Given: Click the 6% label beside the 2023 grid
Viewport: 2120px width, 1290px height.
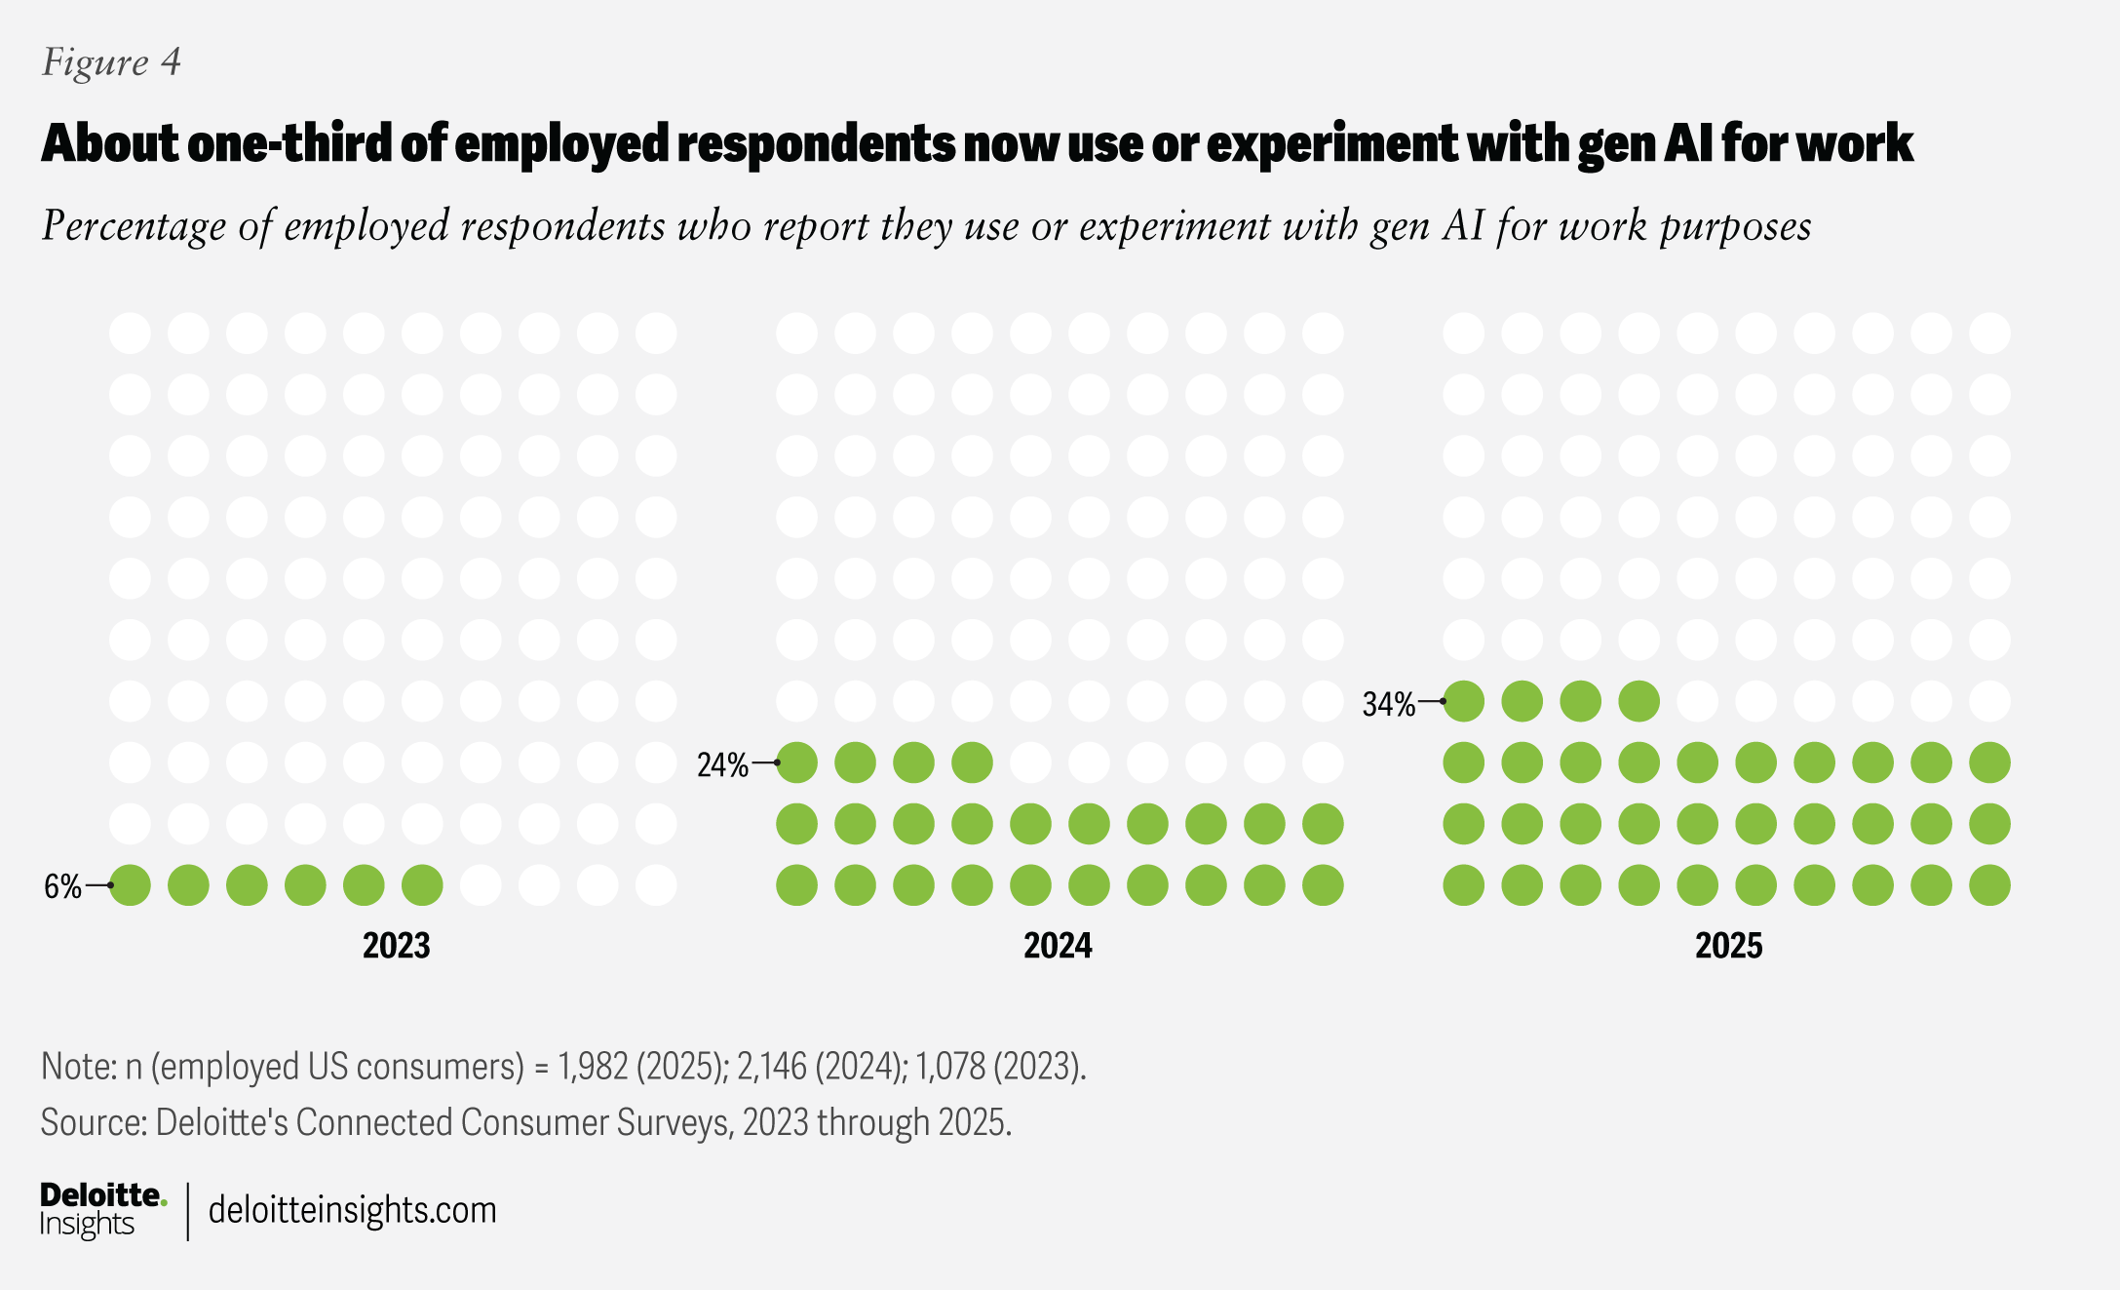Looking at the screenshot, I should click(x=63, y=886).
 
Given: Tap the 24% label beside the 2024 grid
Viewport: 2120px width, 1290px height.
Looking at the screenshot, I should click(x=722, y=765).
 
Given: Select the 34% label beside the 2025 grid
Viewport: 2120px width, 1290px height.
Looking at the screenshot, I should click(x=1388, y=704).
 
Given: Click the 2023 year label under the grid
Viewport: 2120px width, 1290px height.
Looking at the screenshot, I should click(x=396, y=946).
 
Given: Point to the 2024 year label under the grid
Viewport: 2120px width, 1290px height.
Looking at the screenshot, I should click(x=1058, y=946).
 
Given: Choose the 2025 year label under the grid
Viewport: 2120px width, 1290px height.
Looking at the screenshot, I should click(x=1728, y=946).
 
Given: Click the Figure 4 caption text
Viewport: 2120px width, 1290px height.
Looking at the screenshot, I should click(x=111, y=62).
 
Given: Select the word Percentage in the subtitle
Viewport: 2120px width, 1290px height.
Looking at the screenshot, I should click(x=135, y=226).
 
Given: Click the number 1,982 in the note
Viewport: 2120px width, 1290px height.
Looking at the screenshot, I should click(x=593, y=1067).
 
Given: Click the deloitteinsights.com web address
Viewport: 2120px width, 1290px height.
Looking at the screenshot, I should click(x=352, y=1210).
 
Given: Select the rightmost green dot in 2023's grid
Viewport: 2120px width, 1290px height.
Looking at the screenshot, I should click(x=422, y=885).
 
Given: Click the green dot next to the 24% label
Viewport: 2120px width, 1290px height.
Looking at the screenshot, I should click(x=797, y=762).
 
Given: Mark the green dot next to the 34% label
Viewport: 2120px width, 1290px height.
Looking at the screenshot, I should click(x=1464, y=701).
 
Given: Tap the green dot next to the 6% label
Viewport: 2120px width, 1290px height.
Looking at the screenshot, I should click(x=131, y=885).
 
